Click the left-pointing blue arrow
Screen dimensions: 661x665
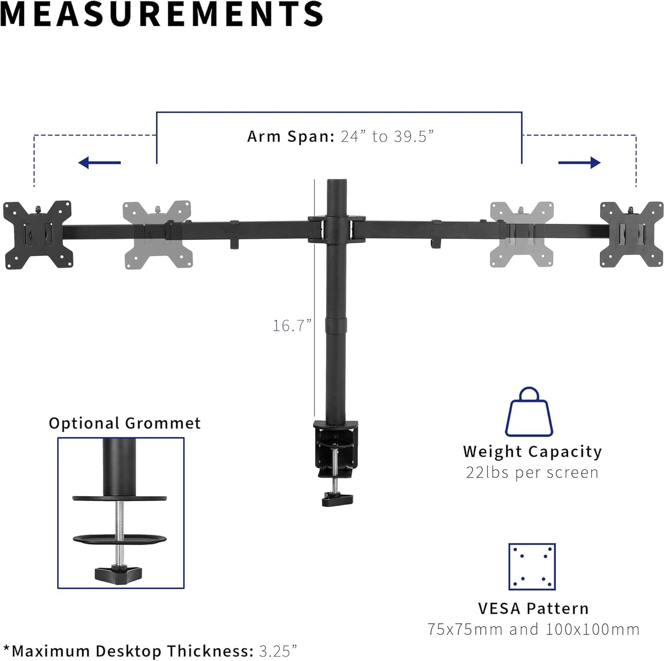pos(99,162)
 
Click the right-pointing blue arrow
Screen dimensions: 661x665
pos(579,162)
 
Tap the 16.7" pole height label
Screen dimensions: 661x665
pos(292,325)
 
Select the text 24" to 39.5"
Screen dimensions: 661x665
pos(387,137)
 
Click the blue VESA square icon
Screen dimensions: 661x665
pos(532,566)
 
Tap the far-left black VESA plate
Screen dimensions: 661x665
pos(38,234)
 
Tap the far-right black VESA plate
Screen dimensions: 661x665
pos(631,234)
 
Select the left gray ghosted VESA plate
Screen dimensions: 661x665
pos(157,234)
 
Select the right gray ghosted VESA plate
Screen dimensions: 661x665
pos(521,234)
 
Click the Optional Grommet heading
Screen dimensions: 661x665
pos(125,423)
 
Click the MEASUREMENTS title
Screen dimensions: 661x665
pos(162,14)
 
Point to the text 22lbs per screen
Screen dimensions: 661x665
pos(532,473)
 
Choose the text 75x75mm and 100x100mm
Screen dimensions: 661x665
pos(533,629)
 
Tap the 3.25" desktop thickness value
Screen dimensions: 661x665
pos(278,651)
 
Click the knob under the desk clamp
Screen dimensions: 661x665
pos(337,499)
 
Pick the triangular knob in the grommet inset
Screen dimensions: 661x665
pos(118,574)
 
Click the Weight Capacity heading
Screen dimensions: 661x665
pos(532,451)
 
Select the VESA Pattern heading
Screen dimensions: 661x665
pos(533,609)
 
